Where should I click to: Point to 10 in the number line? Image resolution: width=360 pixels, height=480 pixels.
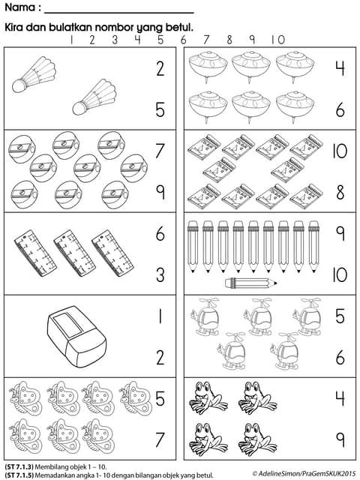tap(278, 40)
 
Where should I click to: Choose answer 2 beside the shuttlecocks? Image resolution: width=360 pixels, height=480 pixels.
tap(160, 70)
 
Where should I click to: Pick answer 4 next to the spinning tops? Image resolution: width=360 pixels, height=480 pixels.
tap(339, 69)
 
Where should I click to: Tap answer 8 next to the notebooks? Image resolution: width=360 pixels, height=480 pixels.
tap(339, 192)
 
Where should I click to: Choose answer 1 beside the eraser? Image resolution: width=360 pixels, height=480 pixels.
tap(160, 316)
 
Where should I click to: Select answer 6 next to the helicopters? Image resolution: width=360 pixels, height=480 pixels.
tap(339, 356)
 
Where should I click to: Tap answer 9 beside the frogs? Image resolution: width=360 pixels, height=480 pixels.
tap(339, 437)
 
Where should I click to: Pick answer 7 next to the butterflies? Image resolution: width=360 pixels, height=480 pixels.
tap(160, 437)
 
